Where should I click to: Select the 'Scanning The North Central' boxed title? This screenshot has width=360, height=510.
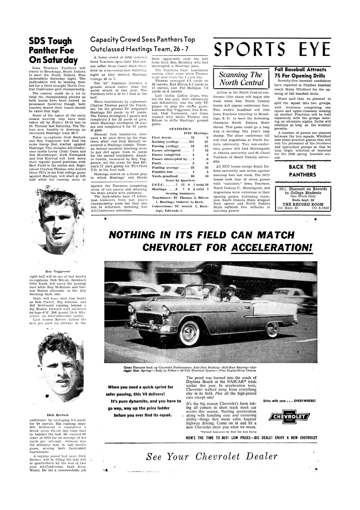point(241,79)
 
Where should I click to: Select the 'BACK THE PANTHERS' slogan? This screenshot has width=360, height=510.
point(302,171)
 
